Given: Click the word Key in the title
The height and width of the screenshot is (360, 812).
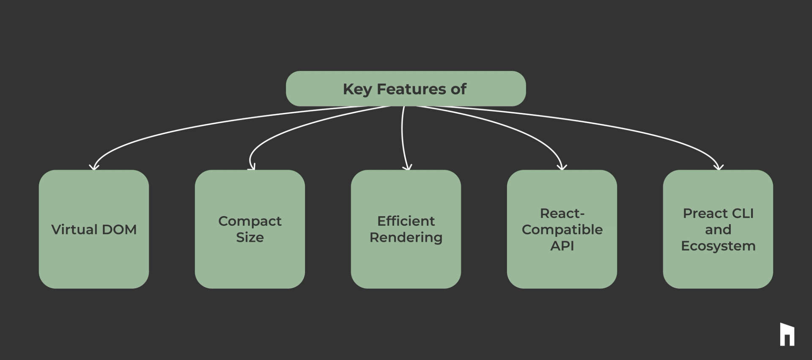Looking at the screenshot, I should pyautogui.click(x=357, y=89).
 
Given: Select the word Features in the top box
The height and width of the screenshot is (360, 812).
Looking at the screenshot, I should pyautogui.click(x=410, y=89).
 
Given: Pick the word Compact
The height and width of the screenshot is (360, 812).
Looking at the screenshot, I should pyautogui.click(x=250, y=221).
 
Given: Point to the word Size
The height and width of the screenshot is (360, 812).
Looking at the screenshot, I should pyautogui.click(x=250, y=237).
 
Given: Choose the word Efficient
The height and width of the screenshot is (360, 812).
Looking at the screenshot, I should pyautogui.click(x=406, y=221).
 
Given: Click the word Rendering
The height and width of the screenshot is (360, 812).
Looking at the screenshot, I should pyautogui.click(x=406, y=237).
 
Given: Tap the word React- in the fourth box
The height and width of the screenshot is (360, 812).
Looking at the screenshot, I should pyautogui.click(x=562, y=213).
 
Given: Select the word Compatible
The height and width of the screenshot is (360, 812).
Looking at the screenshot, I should pyautogui.click(x=562, y=229).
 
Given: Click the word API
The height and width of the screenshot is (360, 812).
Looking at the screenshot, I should pyautogui.click(x=562, y=246).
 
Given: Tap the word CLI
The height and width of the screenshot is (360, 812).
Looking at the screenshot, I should pyautogui.click(x=743, y=213).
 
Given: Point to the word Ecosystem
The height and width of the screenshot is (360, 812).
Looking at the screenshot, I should pyautogui.click(x=718, y=246).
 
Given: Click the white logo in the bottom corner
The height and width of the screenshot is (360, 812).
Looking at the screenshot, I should pyautogui.click(x=787, y=334).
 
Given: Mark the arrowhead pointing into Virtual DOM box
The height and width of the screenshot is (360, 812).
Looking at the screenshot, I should pyautogui.click(x=94, y=167).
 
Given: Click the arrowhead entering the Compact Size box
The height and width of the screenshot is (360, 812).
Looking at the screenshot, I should pyautogui.click(x=252, y=167).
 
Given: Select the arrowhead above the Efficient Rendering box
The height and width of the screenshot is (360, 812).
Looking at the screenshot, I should pyautogui.click(x=407, y=167).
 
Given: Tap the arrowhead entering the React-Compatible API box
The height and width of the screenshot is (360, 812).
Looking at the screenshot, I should pyautogui.click(x=562, y=167).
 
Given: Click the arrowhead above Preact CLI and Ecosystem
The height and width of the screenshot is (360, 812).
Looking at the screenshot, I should pyautogui.click(x=718, y=167).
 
